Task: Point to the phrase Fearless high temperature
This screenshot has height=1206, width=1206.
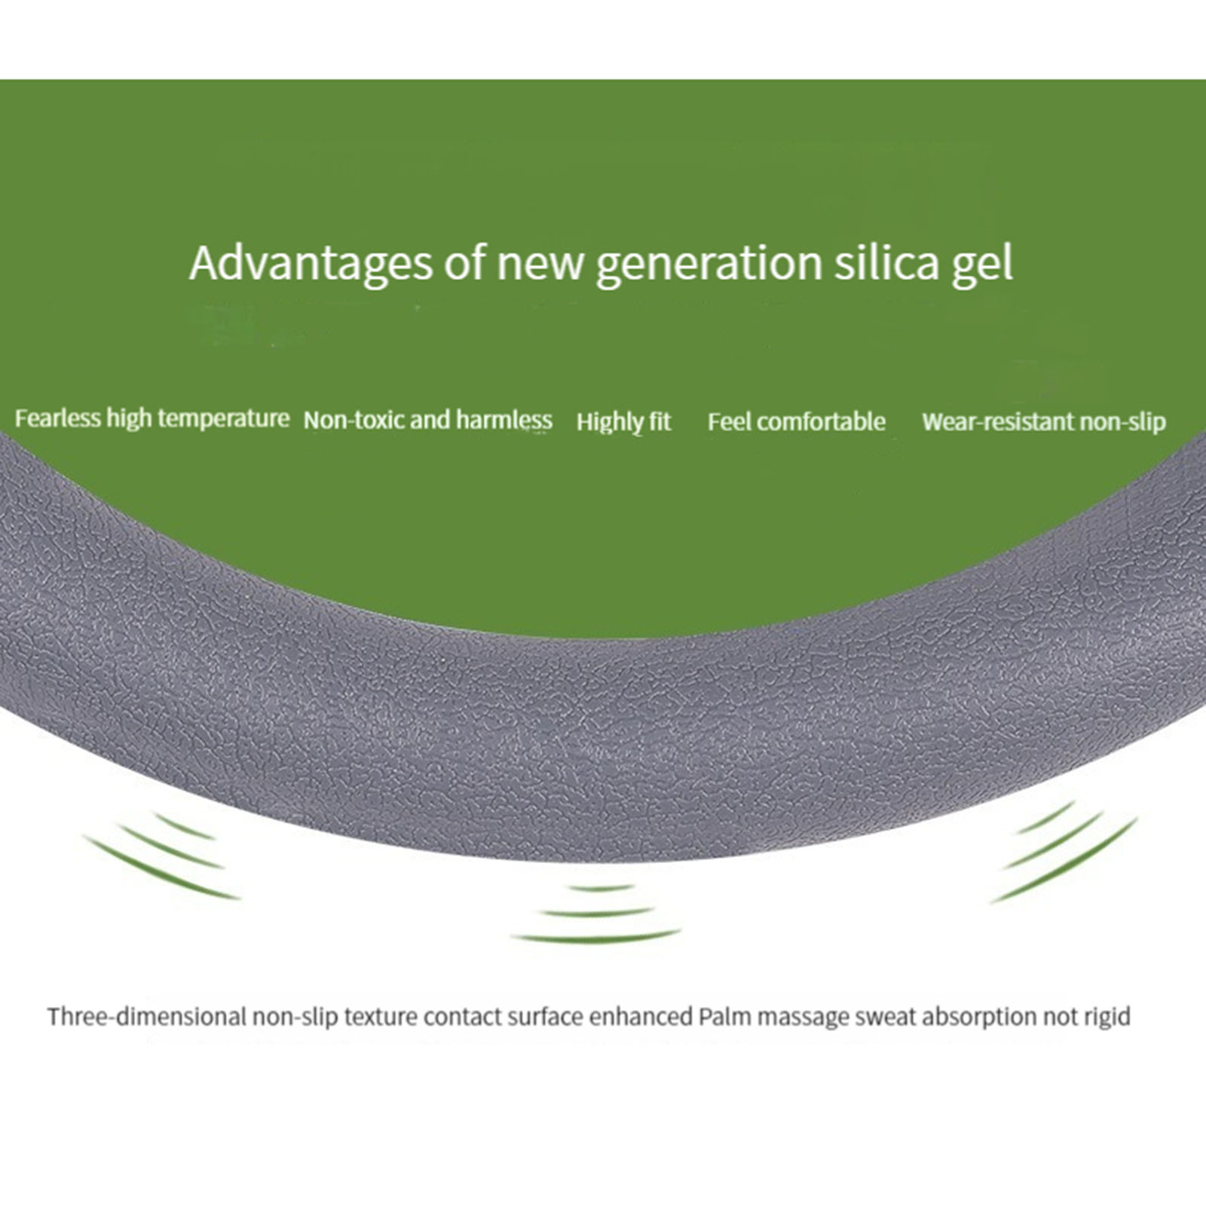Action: (x=152, y=419)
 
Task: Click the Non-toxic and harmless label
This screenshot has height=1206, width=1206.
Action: (x=427, y=420)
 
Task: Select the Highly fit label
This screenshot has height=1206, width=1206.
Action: (x=623, y=422)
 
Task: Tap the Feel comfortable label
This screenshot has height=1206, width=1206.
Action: (x=796, y=421)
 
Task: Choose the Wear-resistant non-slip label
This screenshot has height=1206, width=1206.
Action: (x=1044, y=422)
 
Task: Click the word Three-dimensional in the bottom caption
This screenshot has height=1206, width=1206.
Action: (x=147, y=1017)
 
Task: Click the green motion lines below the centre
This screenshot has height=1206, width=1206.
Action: (x=595, y=914)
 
